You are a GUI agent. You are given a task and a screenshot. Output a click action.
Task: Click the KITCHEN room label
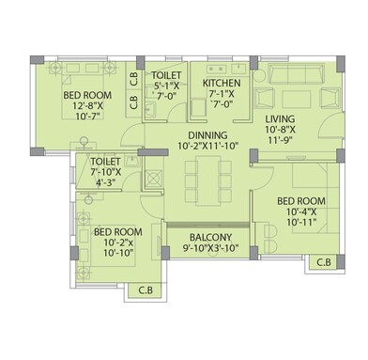click(222, 84)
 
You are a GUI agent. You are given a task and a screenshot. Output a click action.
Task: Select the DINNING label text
click(204, 134)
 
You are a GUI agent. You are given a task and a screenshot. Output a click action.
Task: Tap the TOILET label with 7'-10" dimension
click(105, 163)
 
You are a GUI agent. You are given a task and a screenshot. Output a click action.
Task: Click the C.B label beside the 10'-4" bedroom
click(324, 262)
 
